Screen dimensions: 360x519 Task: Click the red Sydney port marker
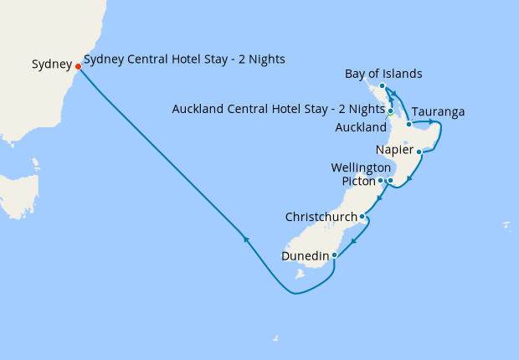click(x=78, y=66)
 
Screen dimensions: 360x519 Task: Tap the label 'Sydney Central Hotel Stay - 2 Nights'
click(x=185, y=59)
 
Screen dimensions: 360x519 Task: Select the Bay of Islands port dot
click(x=382, y=86)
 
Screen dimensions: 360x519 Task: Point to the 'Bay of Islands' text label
click(x=383, y=75)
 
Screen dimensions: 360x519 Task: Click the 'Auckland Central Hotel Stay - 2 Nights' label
click(x=277, y=110)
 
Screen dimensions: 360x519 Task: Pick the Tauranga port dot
click(x=409, y=124)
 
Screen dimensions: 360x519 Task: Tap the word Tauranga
click(x=438, y=112)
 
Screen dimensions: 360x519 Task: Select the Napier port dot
click(x=419, y=152)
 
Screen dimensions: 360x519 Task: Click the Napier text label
click(x=394, y=151)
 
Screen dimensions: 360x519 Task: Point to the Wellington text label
click(x=362, y=168)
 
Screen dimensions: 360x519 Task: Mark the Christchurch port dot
click(x=362, y=217)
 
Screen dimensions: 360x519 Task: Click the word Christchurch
click(x=321, y=217)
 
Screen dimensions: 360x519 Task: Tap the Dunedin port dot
click(x=334, y=255)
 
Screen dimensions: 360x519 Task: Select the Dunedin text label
click(x=305, y=255)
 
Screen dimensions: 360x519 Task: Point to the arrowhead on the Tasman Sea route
click(x=245, y=239)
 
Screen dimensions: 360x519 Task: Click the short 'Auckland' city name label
click(x=361, y=128)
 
